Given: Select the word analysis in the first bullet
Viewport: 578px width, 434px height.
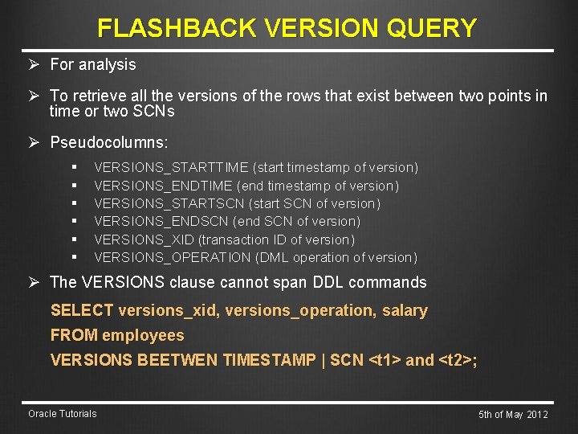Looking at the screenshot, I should tap(104, 64).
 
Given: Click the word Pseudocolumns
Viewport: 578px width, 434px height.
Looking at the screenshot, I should tap(109, 143).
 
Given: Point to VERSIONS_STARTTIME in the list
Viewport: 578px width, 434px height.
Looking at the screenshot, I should tap(172, 168).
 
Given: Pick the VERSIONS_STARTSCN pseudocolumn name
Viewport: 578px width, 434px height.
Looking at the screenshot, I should tap(169, 203).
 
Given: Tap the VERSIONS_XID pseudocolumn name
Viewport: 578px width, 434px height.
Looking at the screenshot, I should tap(144, 240).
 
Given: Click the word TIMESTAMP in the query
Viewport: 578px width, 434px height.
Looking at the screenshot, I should tap(269, 360).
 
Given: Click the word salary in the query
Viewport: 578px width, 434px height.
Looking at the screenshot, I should tap(405, 310).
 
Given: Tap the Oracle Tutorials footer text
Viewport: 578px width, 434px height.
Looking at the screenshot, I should tap(62, 414).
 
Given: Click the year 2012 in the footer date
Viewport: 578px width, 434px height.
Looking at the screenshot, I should tap(537, 415).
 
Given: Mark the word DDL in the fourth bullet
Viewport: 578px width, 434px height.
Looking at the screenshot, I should tap(292, 282).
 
